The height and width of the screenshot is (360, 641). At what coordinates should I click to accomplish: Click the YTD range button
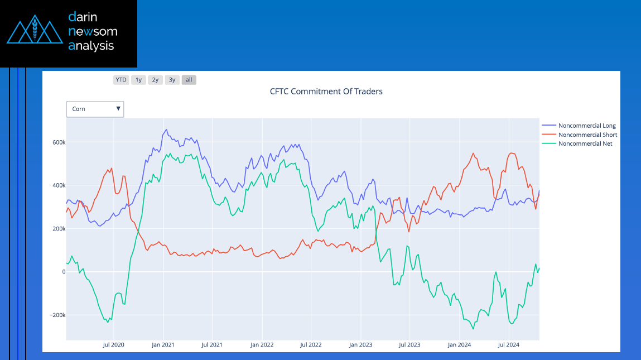pos(121,80)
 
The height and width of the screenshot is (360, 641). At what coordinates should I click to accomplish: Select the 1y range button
pos(138,80)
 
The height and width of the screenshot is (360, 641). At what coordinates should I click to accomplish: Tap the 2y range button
pos(155,80)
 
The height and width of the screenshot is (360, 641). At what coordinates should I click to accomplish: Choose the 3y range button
pos(172,80)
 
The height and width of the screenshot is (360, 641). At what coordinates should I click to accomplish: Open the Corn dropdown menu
pos(95,109)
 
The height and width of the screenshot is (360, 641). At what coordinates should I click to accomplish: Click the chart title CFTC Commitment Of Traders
pos(326,92)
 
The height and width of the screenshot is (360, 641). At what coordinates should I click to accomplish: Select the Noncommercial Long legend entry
pos(587,126)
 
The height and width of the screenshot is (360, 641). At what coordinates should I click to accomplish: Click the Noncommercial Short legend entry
pos(587,135)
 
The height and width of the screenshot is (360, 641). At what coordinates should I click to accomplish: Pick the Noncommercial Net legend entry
pos(585,143)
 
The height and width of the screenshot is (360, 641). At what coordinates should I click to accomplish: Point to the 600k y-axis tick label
pos(59,142)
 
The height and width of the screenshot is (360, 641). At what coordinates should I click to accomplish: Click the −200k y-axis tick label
pos(56,315)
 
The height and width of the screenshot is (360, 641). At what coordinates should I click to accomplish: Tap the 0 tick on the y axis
pos(64,272)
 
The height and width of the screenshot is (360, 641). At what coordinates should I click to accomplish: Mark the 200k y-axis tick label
pos(59,229)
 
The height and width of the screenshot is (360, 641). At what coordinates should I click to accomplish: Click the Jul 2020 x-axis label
pos(114,345)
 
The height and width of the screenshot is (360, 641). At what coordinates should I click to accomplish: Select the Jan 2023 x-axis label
pos(360,345)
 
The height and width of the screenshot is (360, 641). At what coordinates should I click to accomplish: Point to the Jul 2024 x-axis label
pos(509,345)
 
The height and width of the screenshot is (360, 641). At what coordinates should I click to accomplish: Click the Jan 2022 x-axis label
pos(262,345)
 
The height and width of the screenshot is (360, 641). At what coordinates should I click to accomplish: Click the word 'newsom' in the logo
pos(93,31)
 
